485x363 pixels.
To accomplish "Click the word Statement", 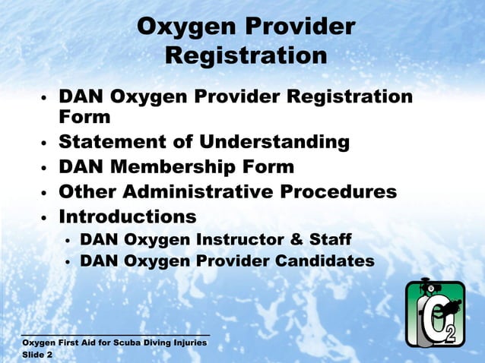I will [113, 142].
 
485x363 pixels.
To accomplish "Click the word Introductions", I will [128, 216].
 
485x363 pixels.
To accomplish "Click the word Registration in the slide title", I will [246, 55].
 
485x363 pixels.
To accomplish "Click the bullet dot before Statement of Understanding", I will [45, 143].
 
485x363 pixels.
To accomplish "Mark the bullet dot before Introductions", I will [45, 217].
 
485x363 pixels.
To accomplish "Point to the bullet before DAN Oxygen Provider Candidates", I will [67, 262].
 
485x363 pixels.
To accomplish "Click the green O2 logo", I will [435, 313].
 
